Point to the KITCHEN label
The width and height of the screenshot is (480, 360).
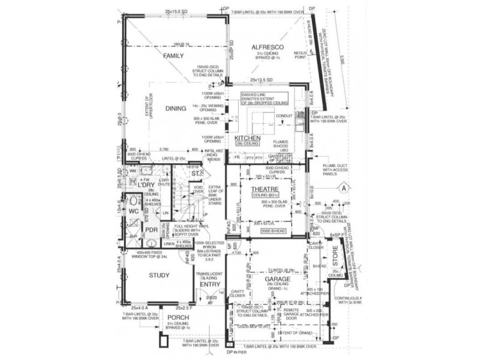pyautogui.click(x=246, y=139)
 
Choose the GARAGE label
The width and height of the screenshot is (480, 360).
pyautogui.click(x=277, y=280)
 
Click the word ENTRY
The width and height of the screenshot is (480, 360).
pyautogui.click(x=210, y=284)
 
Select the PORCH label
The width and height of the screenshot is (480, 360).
pyautogui.click(x=178, y=318)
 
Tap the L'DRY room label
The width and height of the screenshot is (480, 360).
pyautogui.click(x=146, y=184)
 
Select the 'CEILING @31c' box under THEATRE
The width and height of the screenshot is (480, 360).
pyautogui.click(x=263, y=196)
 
